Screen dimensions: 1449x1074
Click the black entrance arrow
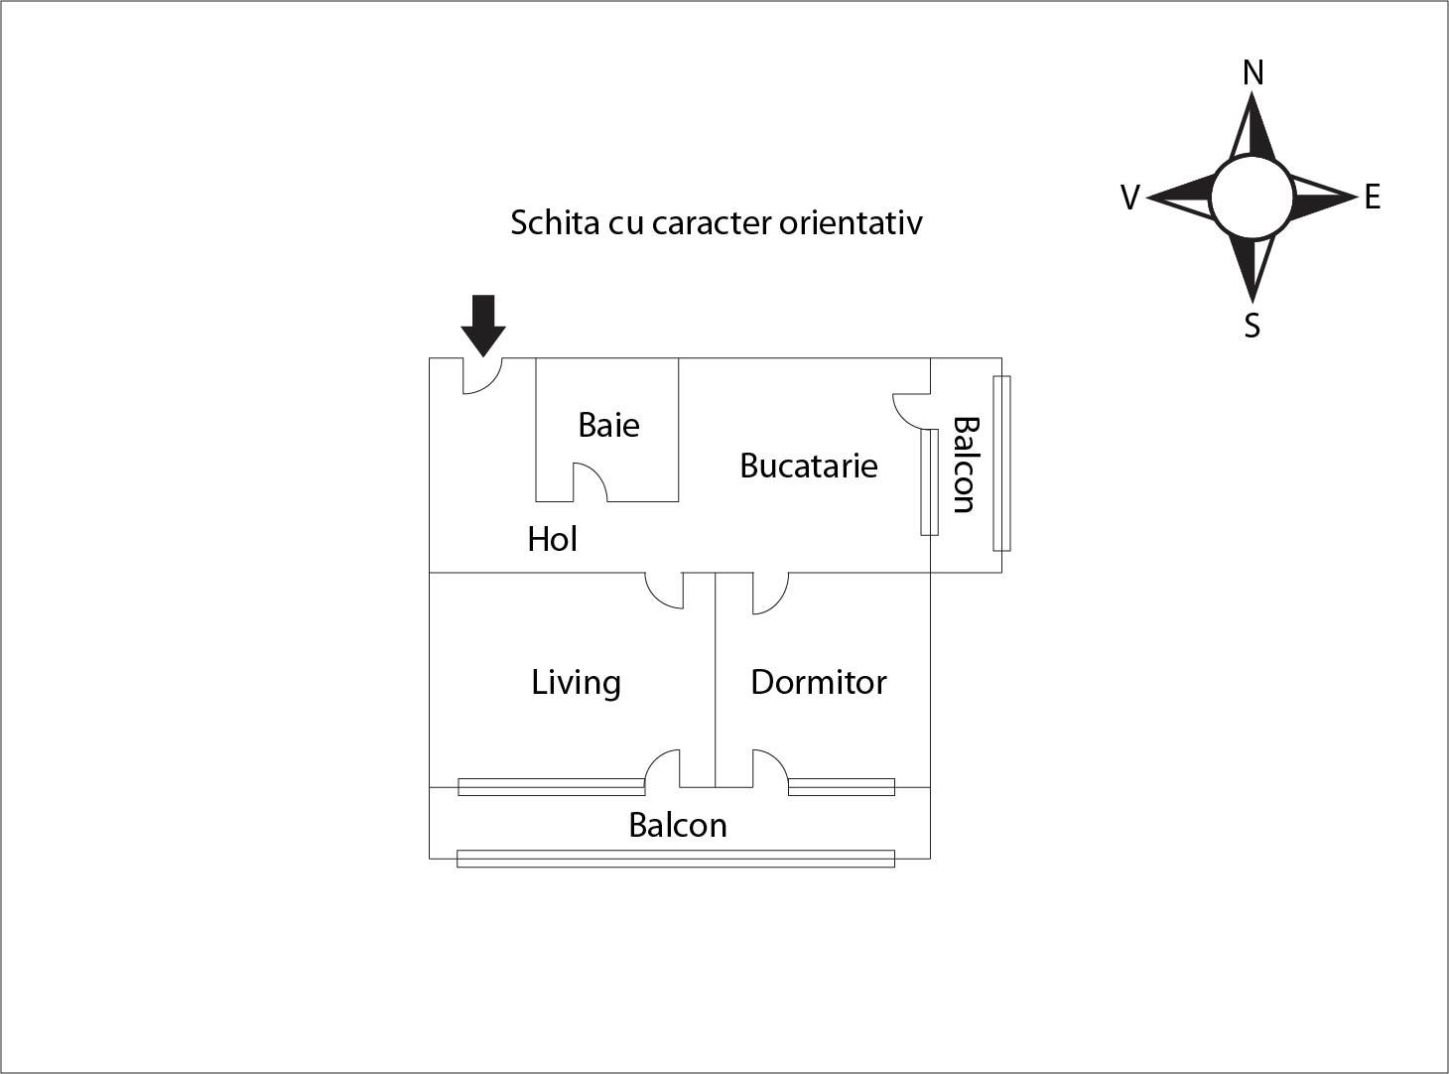point(483,326)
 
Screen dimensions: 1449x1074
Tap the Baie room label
point(608,425)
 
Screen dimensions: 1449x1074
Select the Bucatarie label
point(809,467)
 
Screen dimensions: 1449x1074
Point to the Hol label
point(552,539)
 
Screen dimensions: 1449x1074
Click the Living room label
point(576,683)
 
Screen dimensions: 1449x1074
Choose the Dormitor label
point(819,683)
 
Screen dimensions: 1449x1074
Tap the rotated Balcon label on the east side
point(965,465)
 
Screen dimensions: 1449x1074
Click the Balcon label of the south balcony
point(678,825)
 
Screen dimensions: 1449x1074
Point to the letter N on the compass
point(1253,72)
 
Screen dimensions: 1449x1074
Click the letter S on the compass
point(1251,325)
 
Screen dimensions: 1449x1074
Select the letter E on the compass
point(1373,197)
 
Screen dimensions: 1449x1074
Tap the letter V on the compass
point(1130,197)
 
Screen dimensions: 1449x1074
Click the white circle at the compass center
point(1251,197)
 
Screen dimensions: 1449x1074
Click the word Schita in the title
point(555,222)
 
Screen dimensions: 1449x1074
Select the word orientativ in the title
point(851,222)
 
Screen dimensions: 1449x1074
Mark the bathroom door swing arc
point(591,482)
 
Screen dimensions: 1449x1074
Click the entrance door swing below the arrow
point(482,376)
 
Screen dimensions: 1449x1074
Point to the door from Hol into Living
point(664,591)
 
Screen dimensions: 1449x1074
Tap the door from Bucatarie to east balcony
point(911,412)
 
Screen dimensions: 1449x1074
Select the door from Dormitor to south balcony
point(771,768)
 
